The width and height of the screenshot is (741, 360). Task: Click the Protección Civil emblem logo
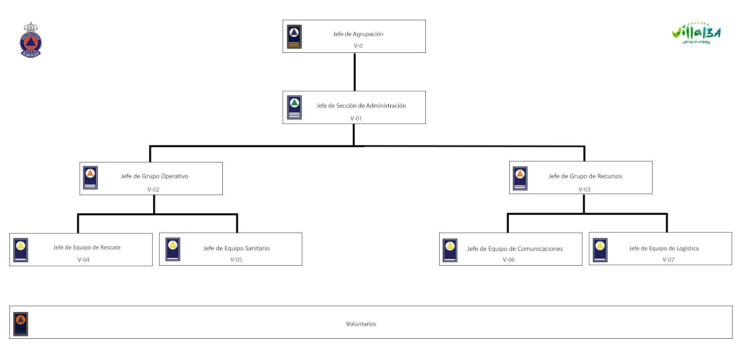[x=31, y=40]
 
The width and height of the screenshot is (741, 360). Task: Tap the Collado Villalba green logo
[x=696, y=33]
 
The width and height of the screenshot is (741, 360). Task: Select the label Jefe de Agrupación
[x=358, y=34]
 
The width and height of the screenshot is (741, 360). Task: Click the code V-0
[x=358, y=45]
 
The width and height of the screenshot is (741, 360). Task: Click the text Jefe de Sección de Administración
[x=361, y=105]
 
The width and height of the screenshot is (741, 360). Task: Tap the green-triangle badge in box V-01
[x=294, y=108]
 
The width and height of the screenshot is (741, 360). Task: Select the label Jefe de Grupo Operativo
[x=155, y=176]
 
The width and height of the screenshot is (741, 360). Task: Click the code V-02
[x=154, y=189]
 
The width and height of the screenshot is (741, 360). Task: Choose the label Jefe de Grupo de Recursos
[x=585, y=176]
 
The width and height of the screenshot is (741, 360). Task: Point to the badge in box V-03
[x=520, y=178]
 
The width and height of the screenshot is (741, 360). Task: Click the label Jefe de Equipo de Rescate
[x=87, y=247]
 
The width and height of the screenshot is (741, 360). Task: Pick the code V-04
[x=83, y=259]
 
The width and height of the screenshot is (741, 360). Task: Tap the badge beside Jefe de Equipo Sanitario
[x=173, y=249]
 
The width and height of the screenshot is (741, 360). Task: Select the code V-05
[x=236, y=259]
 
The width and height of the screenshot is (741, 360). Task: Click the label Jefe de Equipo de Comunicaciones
[x=515, y=248]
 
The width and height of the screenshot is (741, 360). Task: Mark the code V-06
[x=509, y=259]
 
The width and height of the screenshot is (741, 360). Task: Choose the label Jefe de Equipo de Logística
[x=663, y=248]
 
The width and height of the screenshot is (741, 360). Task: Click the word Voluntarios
[x=361, y=324]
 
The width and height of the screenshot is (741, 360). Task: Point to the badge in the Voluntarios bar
[x=21, y=324]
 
